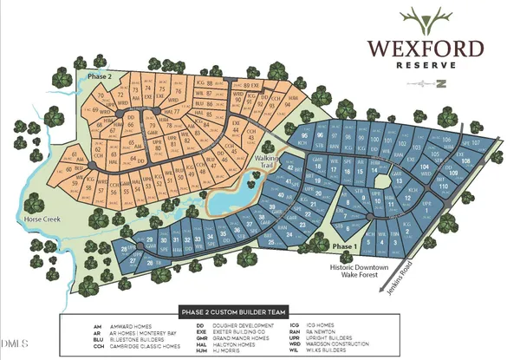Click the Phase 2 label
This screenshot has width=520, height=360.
coord(101,76)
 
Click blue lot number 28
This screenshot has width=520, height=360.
coord(130,249)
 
